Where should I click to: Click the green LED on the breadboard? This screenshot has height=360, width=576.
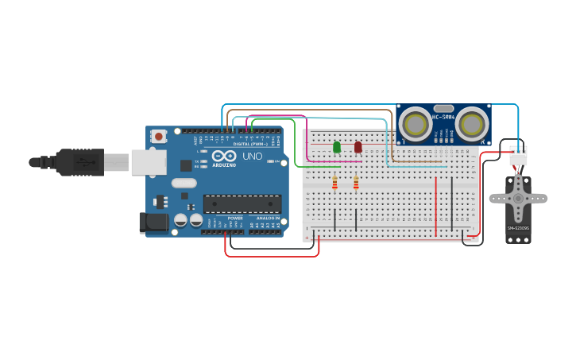(337, 147)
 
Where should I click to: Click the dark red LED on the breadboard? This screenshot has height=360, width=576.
(358, 147)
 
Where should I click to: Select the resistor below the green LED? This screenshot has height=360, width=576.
(334, 184)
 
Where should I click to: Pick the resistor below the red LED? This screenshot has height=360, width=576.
(356, 184)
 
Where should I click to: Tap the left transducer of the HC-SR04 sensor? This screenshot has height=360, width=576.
(415, 123)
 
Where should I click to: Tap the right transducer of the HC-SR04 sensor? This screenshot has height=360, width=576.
(472, 123)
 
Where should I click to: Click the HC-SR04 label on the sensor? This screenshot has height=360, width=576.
(443, 118)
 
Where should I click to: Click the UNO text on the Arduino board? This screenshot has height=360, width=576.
(252, 157)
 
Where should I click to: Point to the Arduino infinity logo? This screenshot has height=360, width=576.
(223, 156)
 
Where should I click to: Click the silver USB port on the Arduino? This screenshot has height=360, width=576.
(149, 162)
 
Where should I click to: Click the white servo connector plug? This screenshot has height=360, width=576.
(518, 156)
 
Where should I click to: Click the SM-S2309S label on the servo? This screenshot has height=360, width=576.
(518, 228)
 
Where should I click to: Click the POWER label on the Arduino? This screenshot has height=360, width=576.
(235, 217)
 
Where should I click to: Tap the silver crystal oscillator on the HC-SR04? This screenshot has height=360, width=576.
(443, 108)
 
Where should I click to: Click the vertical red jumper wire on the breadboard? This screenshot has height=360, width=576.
(436, 206)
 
